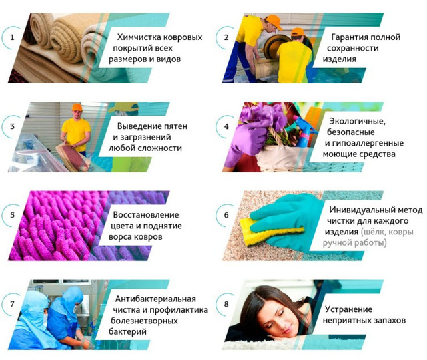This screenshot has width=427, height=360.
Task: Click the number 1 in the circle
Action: (12, 37)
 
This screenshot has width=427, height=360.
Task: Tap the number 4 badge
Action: (226, 126)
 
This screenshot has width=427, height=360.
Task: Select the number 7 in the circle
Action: (12, 304)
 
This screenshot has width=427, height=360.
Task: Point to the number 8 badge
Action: (226, 304)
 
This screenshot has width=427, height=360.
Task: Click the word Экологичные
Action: (357, 121)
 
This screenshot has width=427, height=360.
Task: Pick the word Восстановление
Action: (146, 215)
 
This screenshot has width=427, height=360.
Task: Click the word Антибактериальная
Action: (155, 299)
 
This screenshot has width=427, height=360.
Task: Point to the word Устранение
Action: (348, 309)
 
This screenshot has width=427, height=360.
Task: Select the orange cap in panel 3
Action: (77, 107)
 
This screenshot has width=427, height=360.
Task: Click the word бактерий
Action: (127, 332)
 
